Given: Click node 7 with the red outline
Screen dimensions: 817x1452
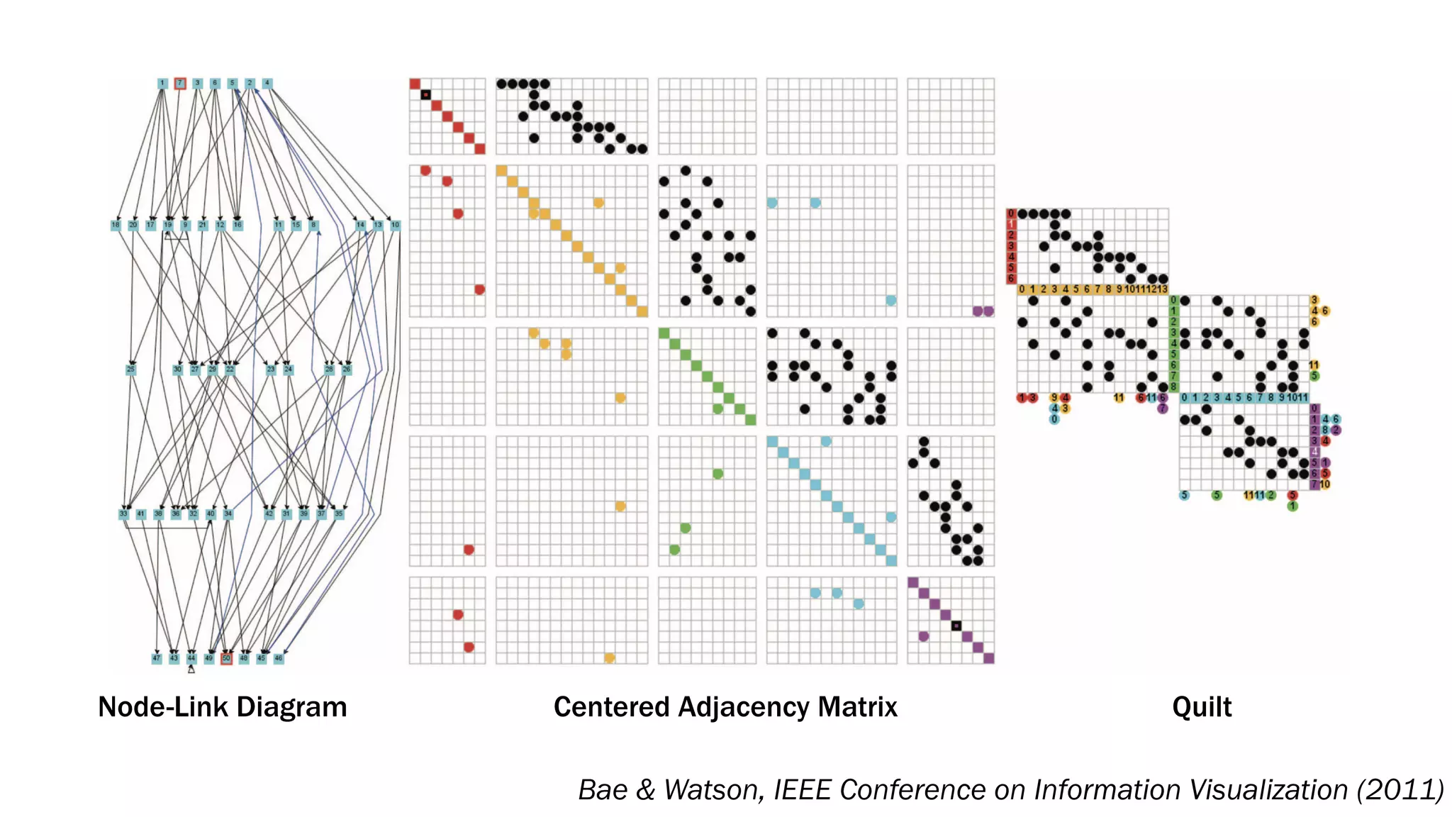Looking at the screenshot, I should [180, 83].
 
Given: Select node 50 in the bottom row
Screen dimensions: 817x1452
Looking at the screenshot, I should [226, 658].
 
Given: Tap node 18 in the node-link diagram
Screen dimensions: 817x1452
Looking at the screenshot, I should [116, 225].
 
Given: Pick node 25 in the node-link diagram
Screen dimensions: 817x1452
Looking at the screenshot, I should [130, 369].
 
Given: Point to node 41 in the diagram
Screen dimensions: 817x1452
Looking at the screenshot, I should [141, 513].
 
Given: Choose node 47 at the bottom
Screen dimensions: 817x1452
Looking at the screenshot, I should [157, 658].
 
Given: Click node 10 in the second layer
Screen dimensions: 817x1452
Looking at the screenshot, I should [395, 225].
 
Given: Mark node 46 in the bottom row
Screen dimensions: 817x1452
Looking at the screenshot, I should [279, 658].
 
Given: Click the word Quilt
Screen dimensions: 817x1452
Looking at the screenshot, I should [1202, 707].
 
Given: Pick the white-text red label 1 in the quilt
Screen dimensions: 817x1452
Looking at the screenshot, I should [1012, 224].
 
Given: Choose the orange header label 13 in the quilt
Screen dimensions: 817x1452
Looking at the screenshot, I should [1163, 289].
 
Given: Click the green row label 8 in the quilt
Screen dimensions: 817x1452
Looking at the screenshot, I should [1173, 387].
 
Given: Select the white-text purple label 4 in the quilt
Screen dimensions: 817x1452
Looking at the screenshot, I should [1314, 452].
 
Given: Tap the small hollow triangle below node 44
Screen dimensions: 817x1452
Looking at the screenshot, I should [191, 669].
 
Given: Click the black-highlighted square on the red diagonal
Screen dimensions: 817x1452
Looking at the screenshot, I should [425, 94].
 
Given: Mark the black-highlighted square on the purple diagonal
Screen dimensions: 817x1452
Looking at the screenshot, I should [956, 626].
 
